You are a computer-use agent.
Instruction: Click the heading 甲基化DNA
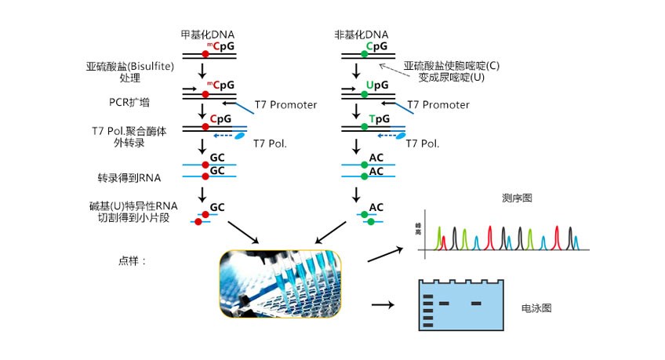point(207,35)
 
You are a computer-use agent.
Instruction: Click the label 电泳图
point(536,308)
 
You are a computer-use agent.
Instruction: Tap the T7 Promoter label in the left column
point(285,104)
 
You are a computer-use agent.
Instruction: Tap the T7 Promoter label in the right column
point(438,104)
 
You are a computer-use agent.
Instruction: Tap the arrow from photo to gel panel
point(382,303)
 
